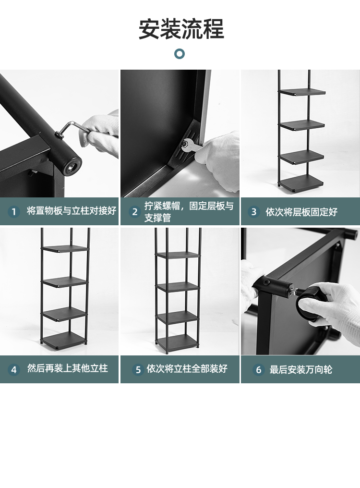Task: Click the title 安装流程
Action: (181, 29)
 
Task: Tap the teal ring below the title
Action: (180, 54)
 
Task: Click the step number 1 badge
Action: (14, 212)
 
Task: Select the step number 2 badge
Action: (135, 212)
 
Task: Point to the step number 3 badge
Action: (254, 212)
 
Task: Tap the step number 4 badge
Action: (14, 369)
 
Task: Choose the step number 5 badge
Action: (138, 369)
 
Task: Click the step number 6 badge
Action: (258, 369)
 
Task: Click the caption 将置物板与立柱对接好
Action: (72, 211)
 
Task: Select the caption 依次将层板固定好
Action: (301, 212)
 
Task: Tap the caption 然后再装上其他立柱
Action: (68, 368)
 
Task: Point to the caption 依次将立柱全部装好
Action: (187, 369)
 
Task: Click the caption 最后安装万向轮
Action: (301, 369)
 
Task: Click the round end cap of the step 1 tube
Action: (72, 166)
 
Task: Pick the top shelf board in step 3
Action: (302, 92)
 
